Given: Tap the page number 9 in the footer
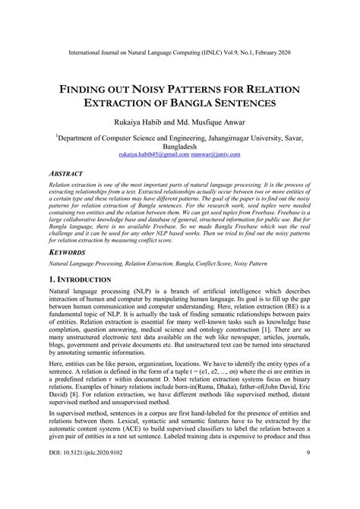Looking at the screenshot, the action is pyautogui.click(x=308, y=495).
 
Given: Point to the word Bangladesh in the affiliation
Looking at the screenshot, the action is pyautogui.click(x=179, y=146).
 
